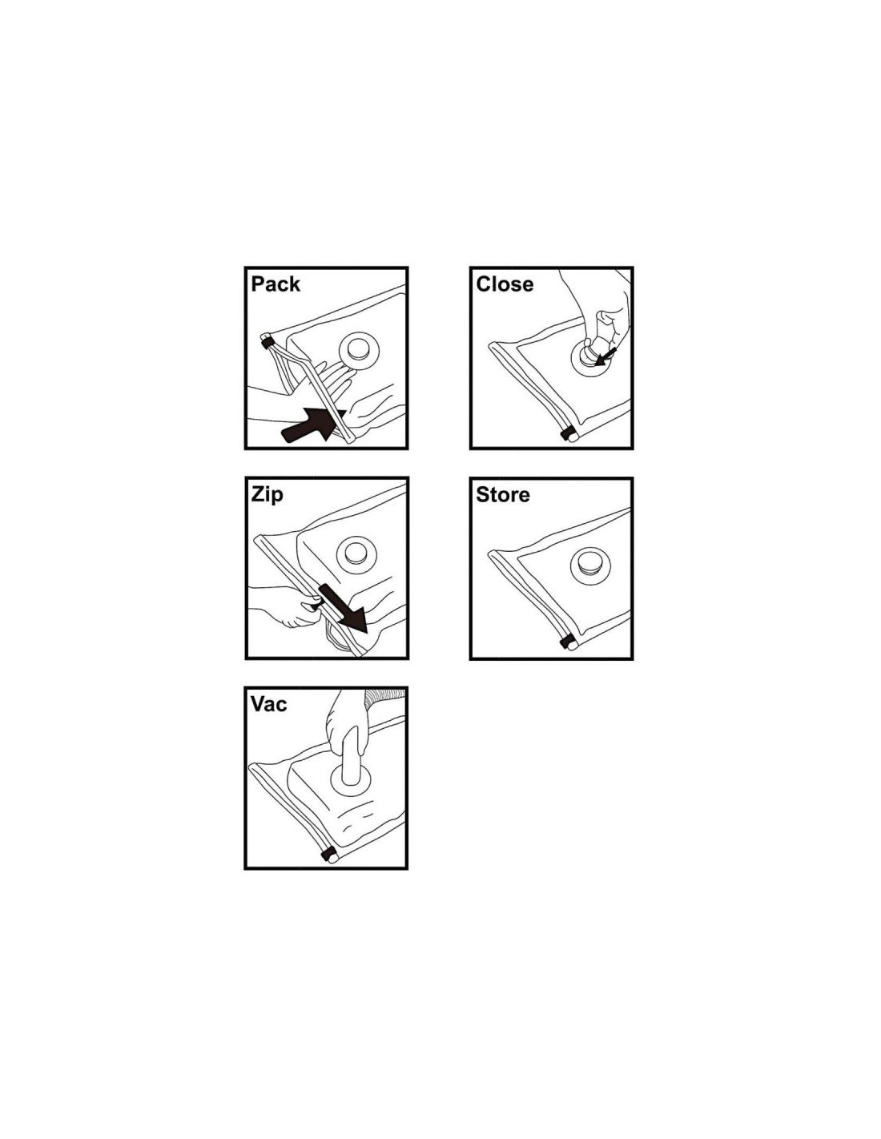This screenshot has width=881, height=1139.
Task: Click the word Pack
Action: (276, 284)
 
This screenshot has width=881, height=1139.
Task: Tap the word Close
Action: (505, 284)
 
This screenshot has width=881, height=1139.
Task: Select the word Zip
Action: (267, 495)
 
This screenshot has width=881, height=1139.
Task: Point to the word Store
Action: (503, 495)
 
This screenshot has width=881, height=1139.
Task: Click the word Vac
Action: (268, 704)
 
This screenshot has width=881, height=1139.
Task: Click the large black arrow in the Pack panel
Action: (313, 425)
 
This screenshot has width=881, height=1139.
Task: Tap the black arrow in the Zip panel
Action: (341, 607)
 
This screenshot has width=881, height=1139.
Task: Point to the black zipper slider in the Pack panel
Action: (268, 343)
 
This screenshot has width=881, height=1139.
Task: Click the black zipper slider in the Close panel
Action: (565, 434)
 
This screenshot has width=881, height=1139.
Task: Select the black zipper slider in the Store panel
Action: (565, 642)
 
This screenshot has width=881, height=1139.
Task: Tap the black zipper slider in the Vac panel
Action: (328, 855)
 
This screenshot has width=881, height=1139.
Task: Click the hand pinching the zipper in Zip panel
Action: (286, 606)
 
